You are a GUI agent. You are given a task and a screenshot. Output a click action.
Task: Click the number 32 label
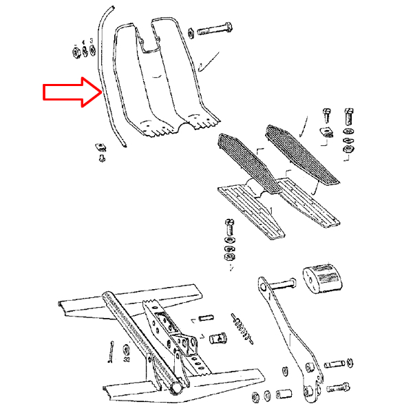(127, 359)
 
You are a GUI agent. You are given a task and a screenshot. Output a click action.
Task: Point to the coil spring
(245, 327)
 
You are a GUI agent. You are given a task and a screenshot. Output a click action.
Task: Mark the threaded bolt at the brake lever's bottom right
(339, 388)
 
